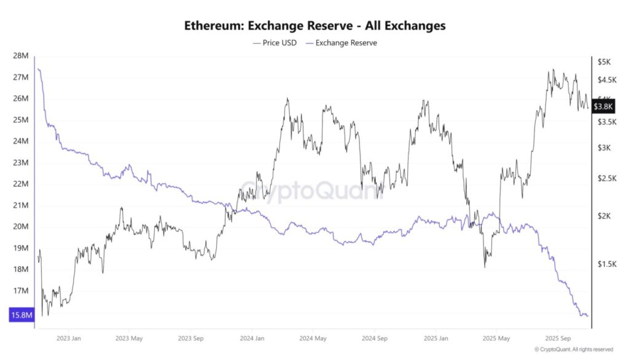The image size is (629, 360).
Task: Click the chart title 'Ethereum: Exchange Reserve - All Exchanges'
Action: coord(314,26)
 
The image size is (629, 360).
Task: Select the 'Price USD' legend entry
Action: coord(275,43)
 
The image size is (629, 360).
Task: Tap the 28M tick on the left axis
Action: coord(20,56)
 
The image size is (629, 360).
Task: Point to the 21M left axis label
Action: coord(20,205)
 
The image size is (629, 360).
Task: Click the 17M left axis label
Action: coord(20,291)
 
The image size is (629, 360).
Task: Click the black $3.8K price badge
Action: coord(604,106)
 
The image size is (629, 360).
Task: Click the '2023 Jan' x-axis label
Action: coord(68,338)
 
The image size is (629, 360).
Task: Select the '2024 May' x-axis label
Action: coord(313,338)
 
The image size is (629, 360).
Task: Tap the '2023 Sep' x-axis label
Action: coord(190,338)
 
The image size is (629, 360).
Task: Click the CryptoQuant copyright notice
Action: coord(573,350)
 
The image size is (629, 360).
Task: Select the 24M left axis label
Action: coord(20,141)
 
